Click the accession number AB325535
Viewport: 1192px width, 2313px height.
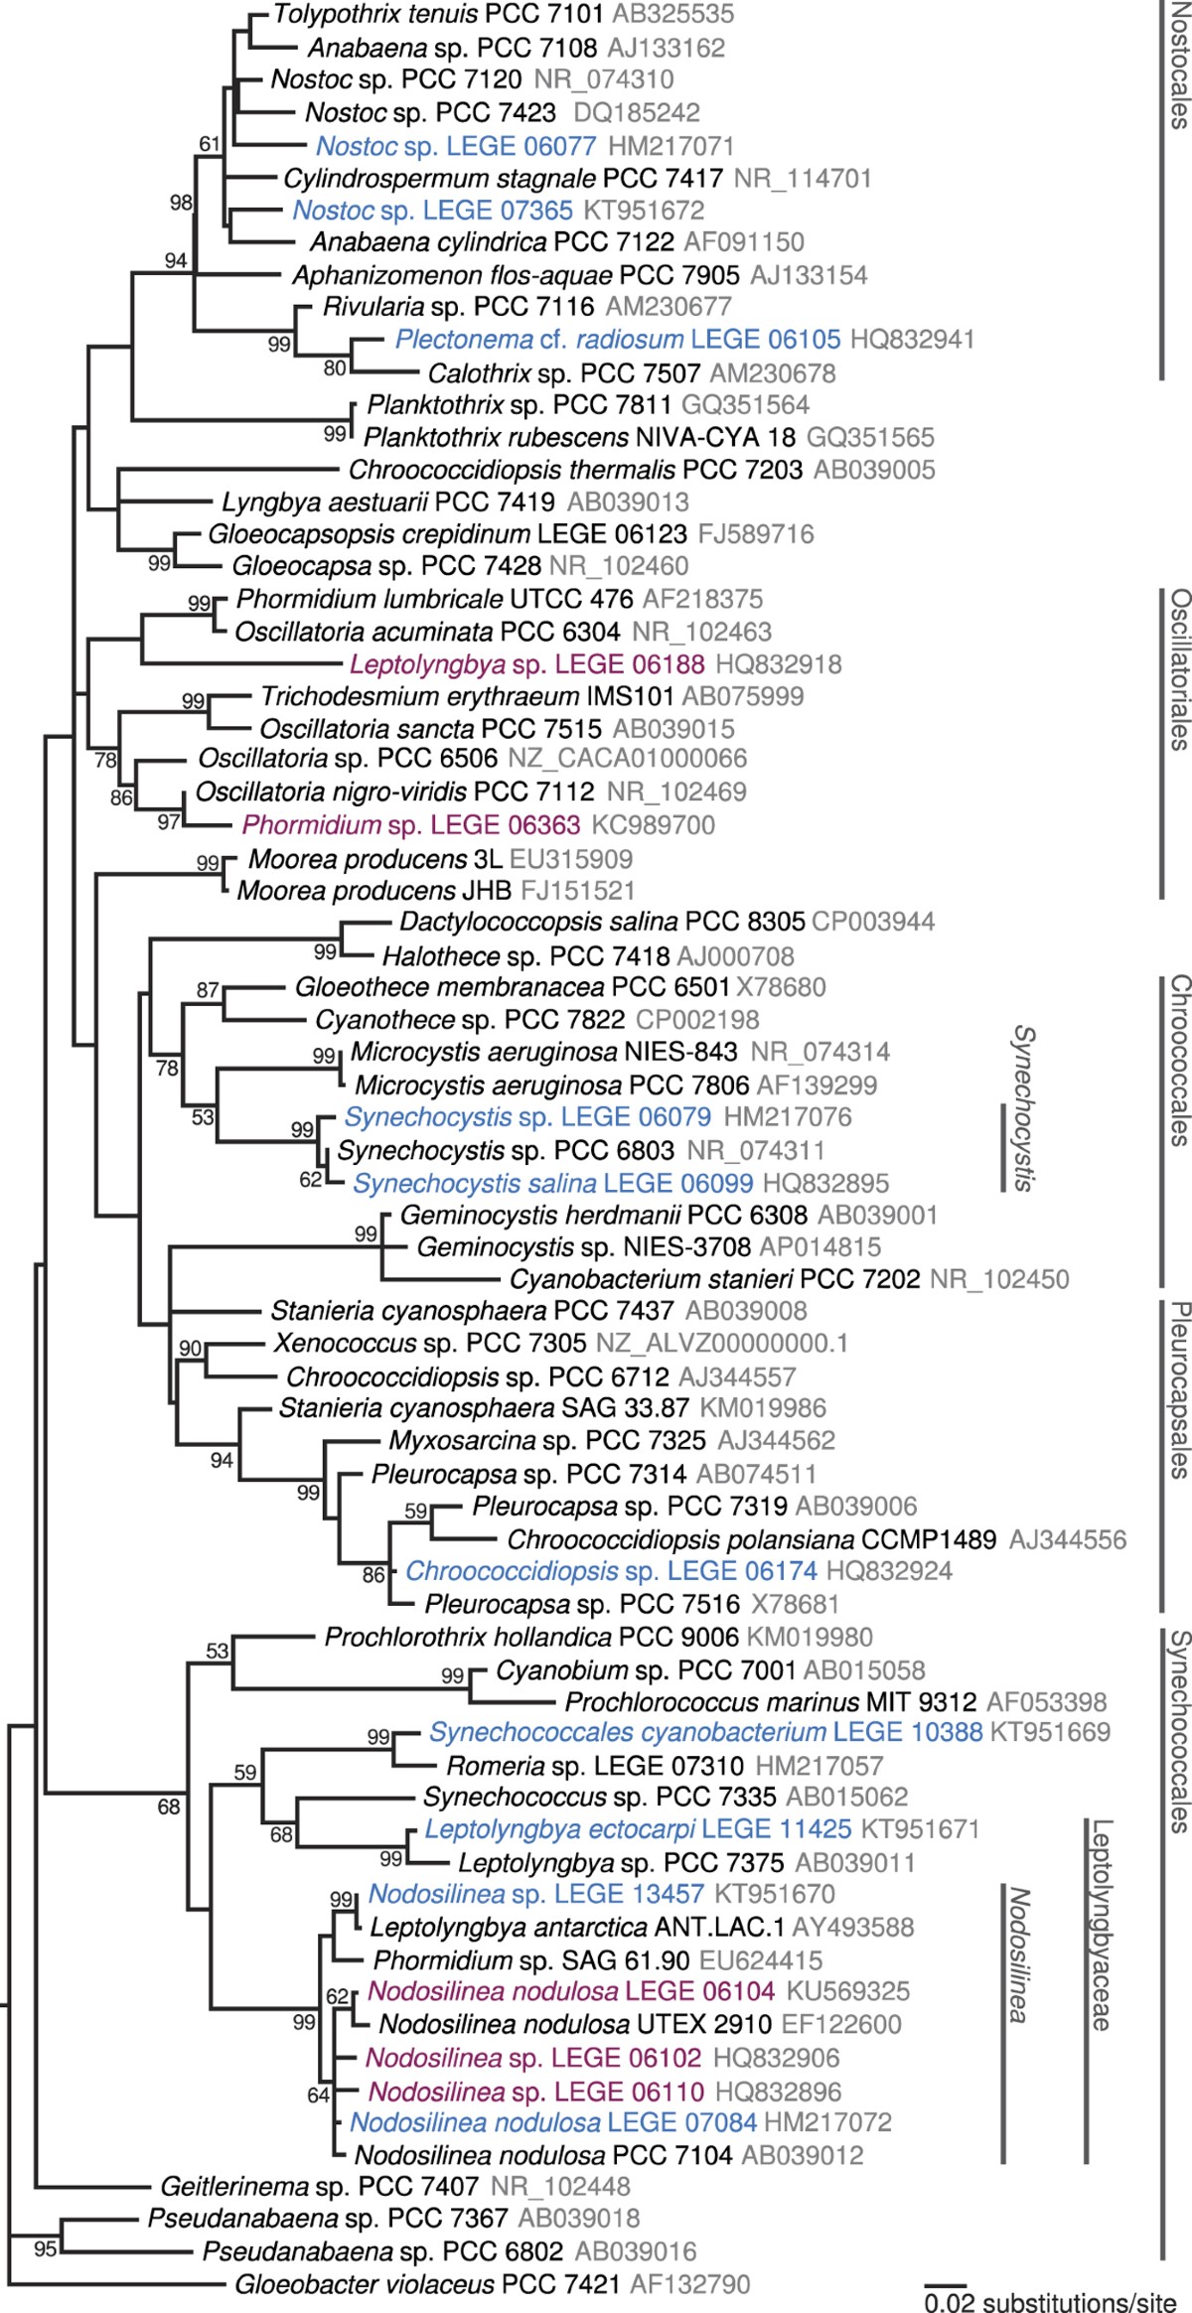pos(673,14)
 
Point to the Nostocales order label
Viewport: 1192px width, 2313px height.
pos(1178,66)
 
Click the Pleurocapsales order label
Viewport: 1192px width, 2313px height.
pos(1178,1390)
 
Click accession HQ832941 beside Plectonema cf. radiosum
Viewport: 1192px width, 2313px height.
pos(912,340)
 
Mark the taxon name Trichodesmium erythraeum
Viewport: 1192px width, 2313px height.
pos(420,696)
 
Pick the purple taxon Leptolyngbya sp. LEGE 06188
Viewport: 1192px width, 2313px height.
pos(527,664)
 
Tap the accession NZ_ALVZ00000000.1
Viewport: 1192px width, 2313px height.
pos(722,1344)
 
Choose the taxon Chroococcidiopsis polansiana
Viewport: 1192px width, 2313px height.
pos(680,1540)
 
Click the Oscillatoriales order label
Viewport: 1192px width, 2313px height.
pos(1178,669)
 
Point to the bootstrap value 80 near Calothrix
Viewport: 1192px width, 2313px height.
pos(335,368)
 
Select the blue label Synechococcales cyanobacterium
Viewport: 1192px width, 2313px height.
pos(628,1733)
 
